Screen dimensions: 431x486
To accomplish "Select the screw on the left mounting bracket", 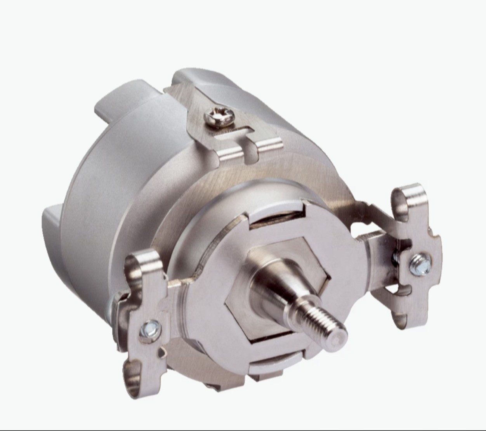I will click(150, 327).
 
